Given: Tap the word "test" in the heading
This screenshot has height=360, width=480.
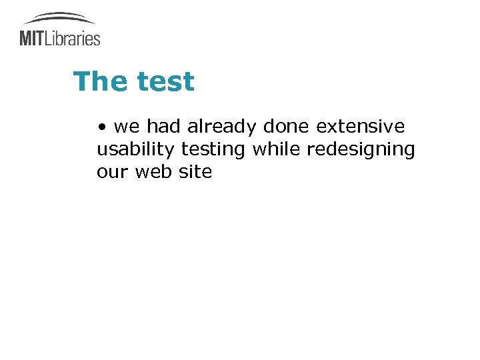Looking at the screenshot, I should click(x=165, y=82).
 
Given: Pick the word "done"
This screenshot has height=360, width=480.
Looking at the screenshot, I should click(x=287, y=126).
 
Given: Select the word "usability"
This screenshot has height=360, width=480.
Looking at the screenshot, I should click(x=136, y=149).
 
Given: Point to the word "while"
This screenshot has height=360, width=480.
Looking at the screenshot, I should click(x=276, y=149).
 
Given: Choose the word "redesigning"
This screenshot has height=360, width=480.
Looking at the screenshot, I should click(x=361, y=149).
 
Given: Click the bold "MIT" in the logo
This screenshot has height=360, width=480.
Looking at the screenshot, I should click(x=32, y=38).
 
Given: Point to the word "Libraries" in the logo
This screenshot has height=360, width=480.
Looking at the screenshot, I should click(x=73, y=38).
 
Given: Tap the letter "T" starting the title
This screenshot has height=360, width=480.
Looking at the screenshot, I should click(x=81, y=81).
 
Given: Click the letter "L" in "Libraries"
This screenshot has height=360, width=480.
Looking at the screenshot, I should click(x=49, y=38).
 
